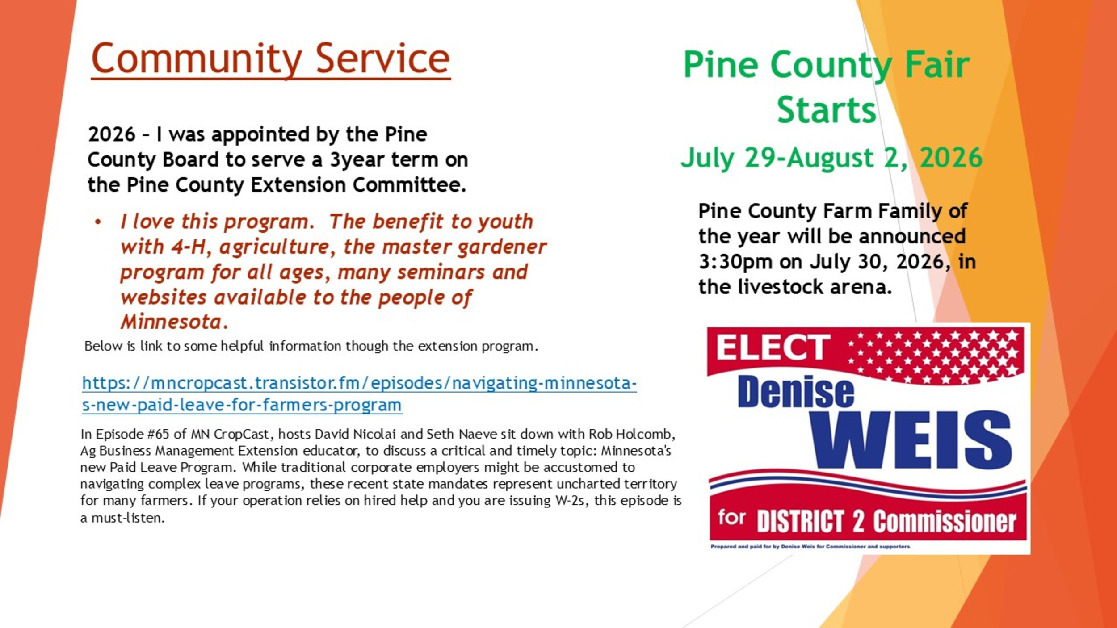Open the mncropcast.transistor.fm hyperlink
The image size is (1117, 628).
click(359, 394)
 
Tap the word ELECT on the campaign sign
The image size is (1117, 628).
click(773, 347)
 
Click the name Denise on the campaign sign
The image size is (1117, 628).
click(796, 392)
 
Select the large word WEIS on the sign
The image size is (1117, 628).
click(911, 440)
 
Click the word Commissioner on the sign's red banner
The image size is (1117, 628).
click(945, 521)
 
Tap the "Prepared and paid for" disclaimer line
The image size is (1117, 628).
click(810, 546)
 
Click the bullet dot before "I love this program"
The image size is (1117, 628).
click(98, 222)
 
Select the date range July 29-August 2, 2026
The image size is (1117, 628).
click(831, 158)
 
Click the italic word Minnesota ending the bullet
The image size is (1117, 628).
click(171, 322)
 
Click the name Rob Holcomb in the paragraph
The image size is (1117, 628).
click(632, 434)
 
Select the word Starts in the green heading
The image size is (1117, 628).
click(827, 109)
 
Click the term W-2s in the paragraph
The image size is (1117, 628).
click(570, 501)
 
